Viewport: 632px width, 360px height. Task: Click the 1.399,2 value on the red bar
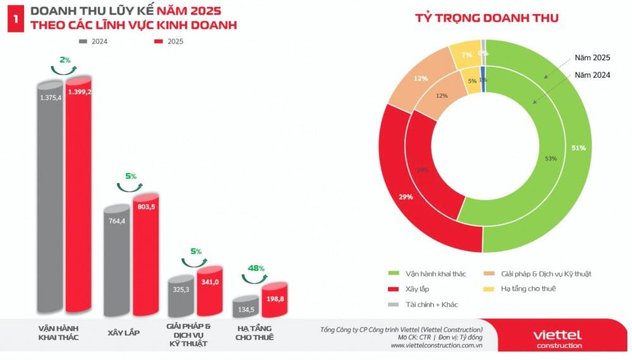coord(80,92)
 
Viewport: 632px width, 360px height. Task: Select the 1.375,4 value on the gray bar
coord(51,97)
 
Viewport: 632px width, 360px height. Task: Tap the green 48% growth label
coord(255,268)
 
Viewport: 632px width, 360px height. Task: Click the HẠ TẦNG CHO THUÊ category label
coord(253,333)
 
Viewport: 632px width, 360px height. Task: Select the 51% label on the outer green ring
coord(578,148)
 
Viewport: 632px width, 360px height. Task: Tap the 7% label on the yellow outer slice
coord(466,55)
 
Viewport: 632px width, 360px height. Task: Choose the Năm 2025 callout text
coord(592,57)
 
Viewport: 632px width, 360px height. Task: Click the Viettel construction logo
coord(557,338)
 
